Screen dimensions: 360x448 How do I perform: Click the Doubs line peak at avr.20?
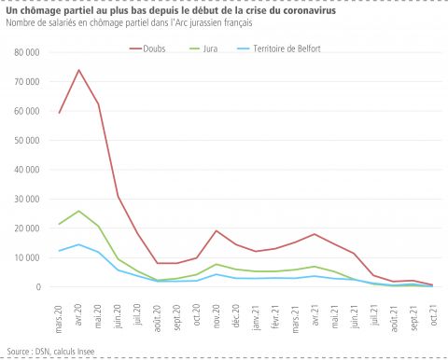click(78, 70)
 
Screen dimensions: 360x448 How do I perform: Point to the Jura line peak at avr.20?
click(78, 211)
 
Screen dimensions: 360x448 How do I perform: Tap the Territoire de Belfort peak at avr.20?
click(78, 244)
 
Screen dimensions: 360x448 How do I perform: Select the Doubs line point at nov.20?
click(217, 230)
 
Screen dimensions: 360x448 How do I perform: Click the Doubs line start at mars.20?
click(59, 113)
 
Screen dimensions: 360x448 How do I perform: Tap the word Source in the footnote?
click(18, 351)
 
